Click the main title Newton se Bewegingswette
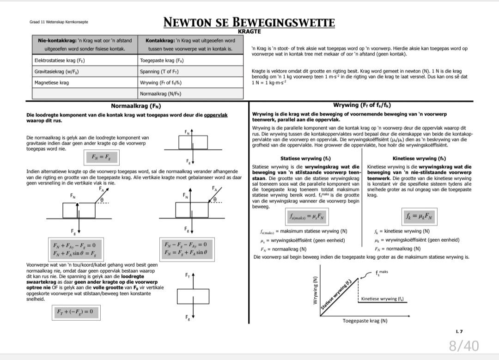click(x=249, y=22)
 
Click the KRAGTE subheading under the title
click(x=249, y=31)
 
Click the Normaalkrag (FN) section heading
click(x=136, y=106)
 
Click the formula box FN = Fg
click(x=101, y=158)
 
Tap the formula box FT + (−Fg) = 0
click(x=75, y=312)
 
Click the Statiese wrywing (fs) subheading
click(x=305, y=159)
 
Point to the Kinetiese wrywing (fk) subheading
click(x=419, y=159)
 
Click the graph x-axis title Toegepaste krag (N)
click(x=365, y=320)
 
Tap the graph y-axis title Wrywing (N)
click(x=316, y=290)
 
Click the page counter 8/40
click(x=463, y=345)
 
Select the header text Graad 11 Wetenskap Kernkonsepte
click(x=59, y=22)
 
